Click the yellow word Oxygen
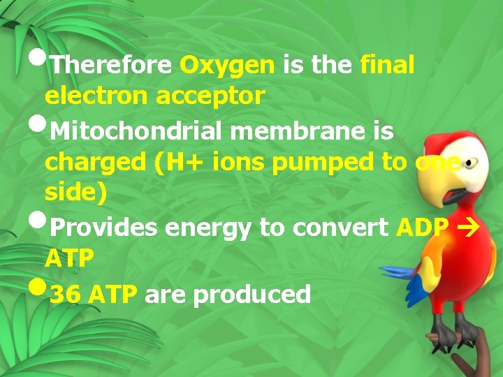click(x=227, y=66)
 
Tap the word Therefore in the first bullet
click(x=111, y=66)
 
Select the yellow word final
click(x=387, y=66)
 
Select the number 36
click(x=65, y=295)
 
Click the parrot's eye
click(x=469, y=163)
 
